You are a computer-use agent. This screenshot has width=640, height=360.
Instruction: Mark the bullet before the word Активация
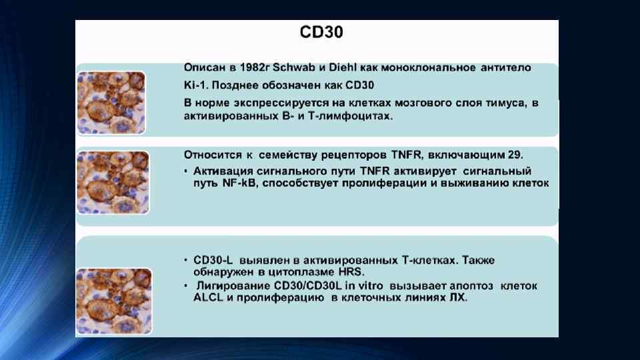185,171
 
